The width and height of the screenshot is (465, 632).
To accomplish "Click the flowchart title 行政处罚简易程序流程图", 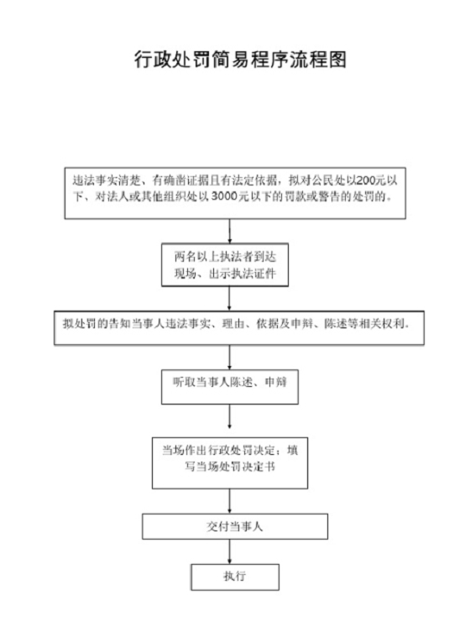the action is click(240, 60).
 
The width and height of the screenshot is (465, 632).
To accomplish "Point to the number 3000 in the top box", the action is click(223, 196).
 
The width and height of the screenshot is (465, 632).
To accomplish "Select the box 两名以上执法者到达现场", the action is click(225, 265).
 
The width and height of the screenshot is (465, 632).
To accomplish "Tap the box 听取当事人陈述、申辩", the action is click(230, 387).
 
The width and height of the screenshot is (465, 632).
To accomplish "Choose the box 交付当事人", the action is click(235, 526).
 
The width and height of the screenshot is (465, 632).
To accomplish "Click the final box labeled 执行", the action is click(235, 577).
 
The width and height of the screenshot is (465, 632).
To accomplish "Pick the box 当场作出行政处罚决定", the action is click(230, 463).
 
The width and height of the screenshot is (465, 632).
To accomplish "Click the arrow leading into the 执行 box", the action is click(230, 551).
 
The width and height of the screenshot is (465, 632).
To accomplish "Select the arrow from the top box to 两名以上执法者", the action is click(230, 231).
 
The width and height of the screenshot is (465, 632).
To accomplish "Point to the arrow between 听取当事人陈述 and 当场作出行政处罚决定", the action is click(230, 416).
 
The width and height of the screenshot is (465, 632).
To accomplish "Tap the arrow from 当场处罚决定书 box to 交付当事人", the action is click(230, 501).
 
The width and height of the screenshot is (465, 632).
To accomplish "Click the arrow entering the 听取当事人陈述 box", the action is click(230, 357).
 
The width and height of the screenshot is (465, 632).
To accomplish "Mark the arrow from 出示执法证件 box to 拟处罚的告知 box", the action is click(230, 299).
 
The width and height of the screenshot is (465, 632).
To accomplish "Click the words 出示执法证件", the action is click(243, 274).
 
